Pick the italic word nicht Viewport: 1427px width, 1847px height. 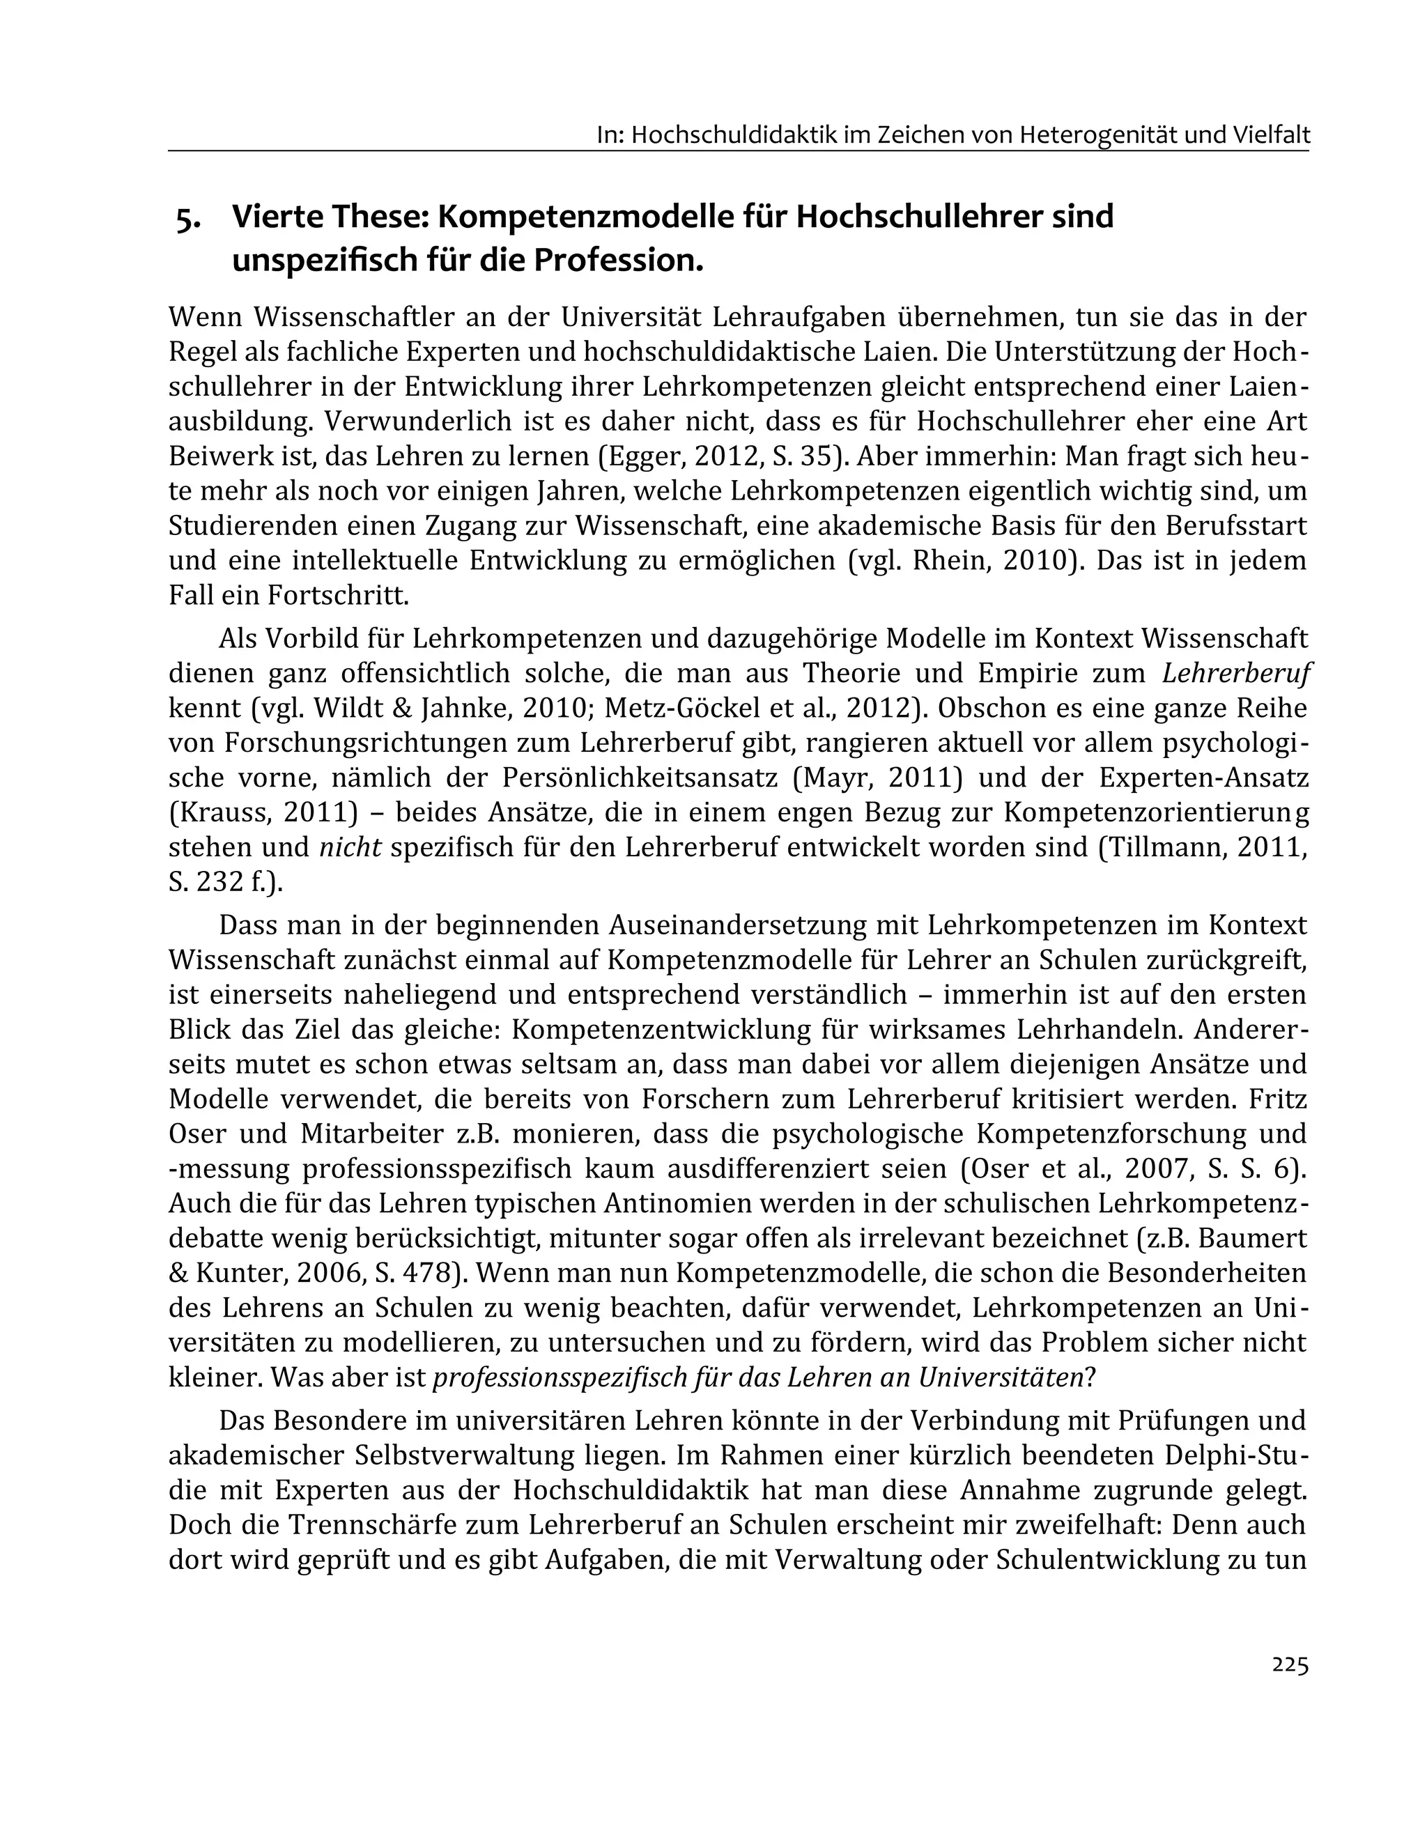(350, 847)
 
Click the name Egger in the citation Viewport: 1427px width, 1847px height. (645, 456)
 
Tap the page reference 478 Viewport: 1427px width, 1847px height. (419, 1274)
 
